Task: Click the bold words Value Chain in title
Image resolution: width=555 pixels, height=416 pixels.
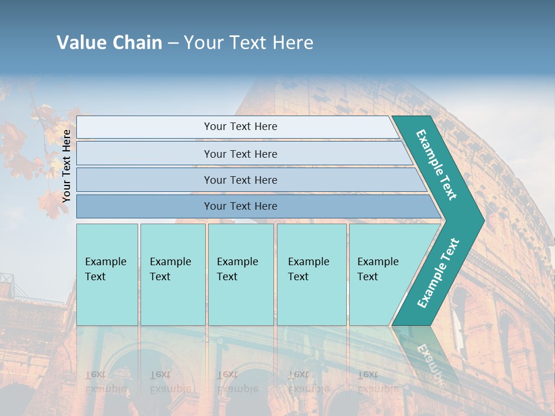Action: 109,43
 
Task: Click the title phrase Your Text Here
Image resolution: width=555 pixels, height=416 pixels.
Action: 249,43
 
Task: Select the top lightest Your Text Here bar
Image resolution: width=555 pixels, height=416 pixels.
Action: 240,127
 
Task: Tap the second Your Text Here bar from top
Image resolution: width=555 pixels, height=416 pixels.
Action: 240,154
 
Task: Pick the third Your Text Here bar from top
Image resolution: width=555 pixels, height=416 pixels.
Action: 240,180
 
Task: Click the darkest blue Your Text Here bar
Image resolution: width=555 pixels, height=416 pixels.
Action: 240,206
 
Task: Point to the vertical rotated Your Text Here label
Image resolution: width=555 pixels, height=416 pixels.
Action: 66,166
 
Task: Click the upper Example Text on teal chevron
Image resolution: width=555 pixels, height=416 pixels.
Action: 436,164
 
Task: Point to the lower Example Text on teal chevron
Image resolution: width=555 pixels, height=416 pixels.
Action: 438,273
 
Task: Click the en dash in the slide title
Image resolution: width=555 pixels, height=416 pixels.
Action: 173,43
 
